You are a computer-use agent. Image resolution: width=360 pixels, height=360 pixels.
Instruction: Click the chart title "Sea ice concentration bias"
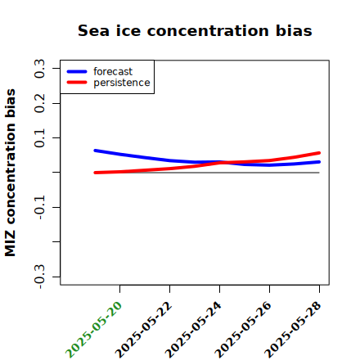click(x=195, y=30)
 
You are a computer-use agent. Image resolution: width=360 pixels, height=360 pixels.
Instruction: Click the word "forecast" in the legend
click(x=113, y=71)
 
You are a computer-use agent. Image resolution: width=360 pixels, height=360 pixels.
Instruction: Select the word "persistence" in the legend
click(x=122, y=83)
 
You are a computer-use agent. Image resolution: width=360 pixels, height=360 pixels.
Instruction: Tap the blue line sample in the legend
click(x=77, y=71)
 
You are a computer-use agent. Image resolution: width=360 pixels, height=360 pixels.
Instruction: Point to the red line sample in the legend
click(x=77, y=83)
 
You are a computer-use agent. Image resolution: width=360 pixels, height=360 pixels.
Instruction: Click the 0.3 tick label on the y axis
click(x=40, y=69)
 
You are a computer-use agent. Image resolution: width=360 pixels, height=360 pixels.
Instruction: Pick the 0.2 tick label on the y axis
click(x=40, y=103)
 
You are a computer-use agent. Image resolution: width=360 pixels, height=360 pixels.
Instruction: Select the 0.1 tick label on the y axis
click(x=40, y=138)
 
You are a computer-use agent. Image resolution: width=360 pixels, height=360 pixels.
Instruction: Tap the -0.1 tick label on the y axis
click(x=40, y=207)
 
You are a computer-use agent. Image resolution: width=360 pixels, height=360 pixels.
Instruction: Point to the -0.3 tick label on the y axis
click(x=40, y=277)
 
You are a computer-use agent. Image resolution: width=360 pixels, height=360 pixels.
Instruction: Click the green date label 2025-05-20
click(x=93, y=330)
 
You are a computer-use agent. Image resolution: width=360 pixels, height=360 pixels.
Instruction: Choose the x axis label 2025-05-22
click(x=143, y=330)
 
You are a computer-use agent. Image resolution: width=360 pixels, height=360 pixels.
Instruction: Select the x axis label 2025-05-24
click(x=193, y=330)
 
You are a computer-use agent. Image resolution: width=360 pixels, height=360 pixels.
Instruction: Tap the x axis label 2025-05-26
click(x=243, y=330)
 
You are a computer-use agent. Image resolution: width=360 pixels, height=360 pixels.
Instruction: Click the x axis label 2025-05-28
click(x=293, y=330)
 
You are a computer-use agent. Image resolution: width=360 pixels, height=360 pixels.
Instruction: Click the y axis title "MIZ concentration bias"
click(x=11, y=173)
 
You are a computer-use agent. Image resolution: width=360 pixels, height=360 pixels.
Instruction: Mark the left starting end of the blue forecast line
click(x=95, y=151)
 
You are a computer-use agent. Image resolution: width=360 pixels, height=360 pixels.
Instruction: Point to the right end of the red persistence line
click(x=319, y=153)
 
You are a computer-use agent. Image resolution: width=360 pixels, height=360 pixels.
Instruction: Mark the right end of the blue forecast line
click(x=319, y=162)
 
